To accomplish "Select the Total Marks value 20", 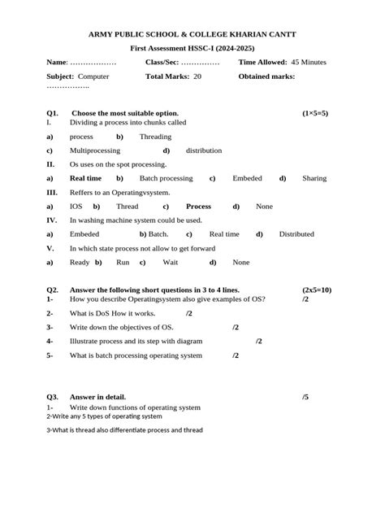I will tap(197, 76).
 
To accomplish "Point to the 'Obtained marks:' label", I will tap(266, 76).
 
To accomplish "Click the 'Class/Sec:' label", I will tap(162, 62).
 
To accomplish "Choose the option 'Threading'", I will tap(155, 137).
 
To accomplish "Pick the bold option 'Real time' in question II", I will tap(85, 177).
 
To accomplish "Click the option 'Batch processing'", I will tap(166, 177).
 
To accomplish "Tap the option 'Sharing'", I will tap(314, 177).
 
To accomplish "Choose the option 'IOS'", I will tap(76, 207).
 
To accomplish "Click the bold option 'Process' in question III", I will tap(198, 207).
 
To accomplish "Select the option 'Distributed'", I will tap(296, 234).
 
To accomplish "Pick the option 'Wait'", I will tap(171, 263).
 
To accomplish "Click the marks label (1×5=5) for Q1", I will tap(314, 112).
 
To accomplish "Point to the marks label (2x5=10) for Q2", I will tap(316, 290).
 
